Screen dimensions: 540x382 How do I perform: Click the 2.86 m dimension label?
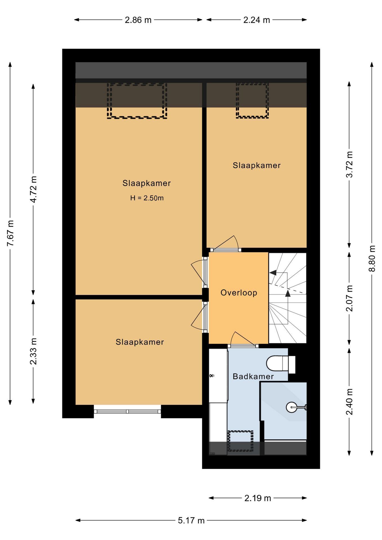point(138,20)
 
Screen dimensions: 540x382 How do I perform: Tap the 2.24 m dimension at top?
point(257,20)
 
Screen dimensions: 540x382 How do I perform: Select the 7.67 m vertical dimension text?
point(11,233)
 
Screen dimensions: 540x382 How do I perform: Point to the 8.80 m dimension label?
point(372,258)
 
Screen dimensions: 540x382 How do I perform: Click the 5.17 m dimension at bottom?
point(191,520)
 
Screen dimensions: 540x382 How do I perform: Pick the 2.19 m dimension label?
point(257,498)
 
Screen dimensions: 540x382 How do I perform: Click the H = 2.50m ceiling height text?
point(147,198)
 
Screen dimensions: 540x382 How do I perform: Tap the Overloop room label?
point(239,293)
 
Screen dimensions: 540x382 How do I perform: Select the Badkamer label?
point(253,376)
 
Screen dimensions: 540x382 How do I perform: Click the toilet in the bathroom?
point(278,364)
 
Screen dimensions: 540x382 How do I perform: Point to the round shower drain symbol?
point(291,407)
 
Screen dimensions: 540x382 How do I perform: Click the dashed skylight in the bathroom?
point(240,441)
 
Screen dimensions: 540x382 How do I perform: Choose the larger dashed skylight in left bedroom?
point(137,101)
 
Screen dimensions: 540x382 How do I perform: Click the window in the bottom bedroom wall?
point(127,411)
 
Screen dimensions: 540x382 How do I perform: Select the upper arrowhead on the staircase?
point(273,273)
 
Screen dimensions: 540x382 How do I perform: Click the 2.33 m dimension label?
point(34,351)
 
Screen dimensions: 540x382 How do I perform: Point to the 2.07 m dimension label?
point(349,298)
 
